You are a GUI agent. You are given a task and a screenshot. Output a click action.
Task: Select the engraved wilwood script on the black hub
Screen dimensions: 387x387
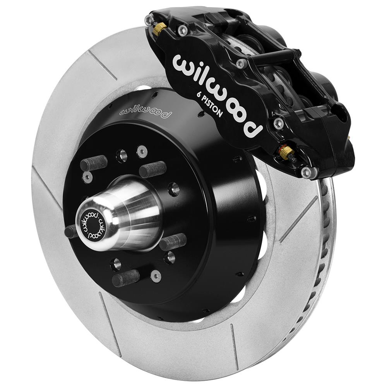pos(145,110)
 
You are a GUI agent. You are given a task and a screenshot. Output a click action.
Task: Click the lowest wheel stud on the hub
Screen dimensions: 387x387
pos(126,278)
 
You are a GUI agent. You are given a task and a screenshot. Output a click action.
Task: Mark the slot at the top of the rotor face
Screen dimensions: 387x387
pos(102,64)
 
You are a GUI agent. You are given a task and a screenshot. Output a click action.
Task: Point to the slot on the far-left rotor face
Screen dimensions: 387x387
pos(46,188)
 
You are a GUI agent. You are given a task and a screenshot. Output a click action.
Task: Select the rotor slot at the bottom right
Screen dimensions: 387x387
pos(234,341)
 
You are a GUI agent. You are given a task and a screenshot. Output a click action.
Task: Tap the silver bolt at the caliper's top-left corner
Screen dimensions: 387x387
pos(149,20)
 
